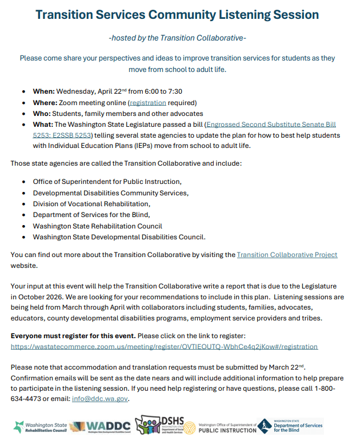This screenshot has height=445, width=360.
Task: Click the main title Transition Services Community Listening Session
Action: pos(177,15)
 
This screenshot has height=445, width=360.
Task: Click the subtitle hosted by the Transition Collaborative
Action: pos(177,38)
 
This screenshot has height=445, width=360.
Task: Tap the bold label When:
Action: pos(43,91)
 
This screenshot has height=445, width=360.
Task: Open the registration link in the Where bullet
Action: pos(147,103)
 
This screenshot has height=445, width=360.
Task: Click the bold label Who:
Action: pos(43,114)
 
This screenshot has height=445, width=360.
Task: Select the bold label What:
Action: pos(43,125)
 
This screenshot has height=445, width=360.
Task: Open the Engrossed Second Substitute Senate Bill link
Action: pos(271,125)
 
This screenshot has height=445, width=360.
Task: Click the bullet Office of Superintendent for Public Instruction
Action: pos(107,182)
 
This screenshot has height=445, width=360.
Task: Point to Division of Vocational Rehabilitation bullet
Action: pos(91,204)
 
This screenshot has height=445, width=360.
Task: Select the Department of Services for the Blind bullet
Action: pos(91,215)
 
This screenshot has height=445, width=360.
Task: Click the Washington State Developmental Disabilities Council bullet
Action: pos(119,237)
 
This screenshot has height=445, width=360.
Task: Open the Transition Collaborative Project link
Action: pos(287,255)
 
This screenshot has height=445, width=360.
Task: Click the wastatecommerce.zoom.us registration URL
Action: pos(164,347)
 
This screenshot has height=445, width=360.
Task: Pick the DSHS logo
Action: pos(163,427)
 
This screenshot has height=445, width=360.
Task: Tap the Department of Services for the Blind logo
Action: pos(290,426)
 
